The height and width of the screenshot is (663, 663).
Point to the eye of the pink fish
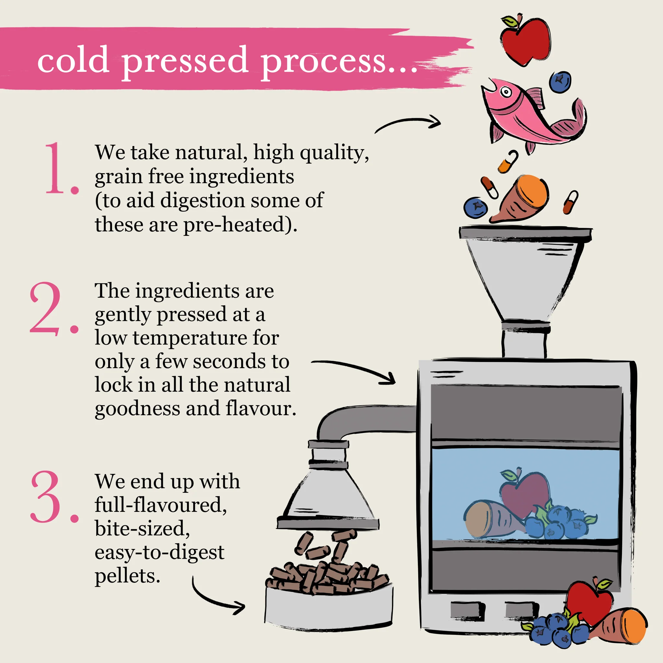click(505, 92)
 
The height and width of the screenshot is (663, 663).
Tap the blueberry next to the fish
click(560, 82)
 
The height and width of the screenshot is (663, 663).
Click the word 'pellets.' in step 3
click(127, 576)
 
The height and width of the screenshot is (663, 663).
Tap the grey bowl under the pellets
click(329, 609)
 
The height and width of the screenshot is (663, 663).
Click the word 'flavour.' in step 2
click(261, 409)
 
